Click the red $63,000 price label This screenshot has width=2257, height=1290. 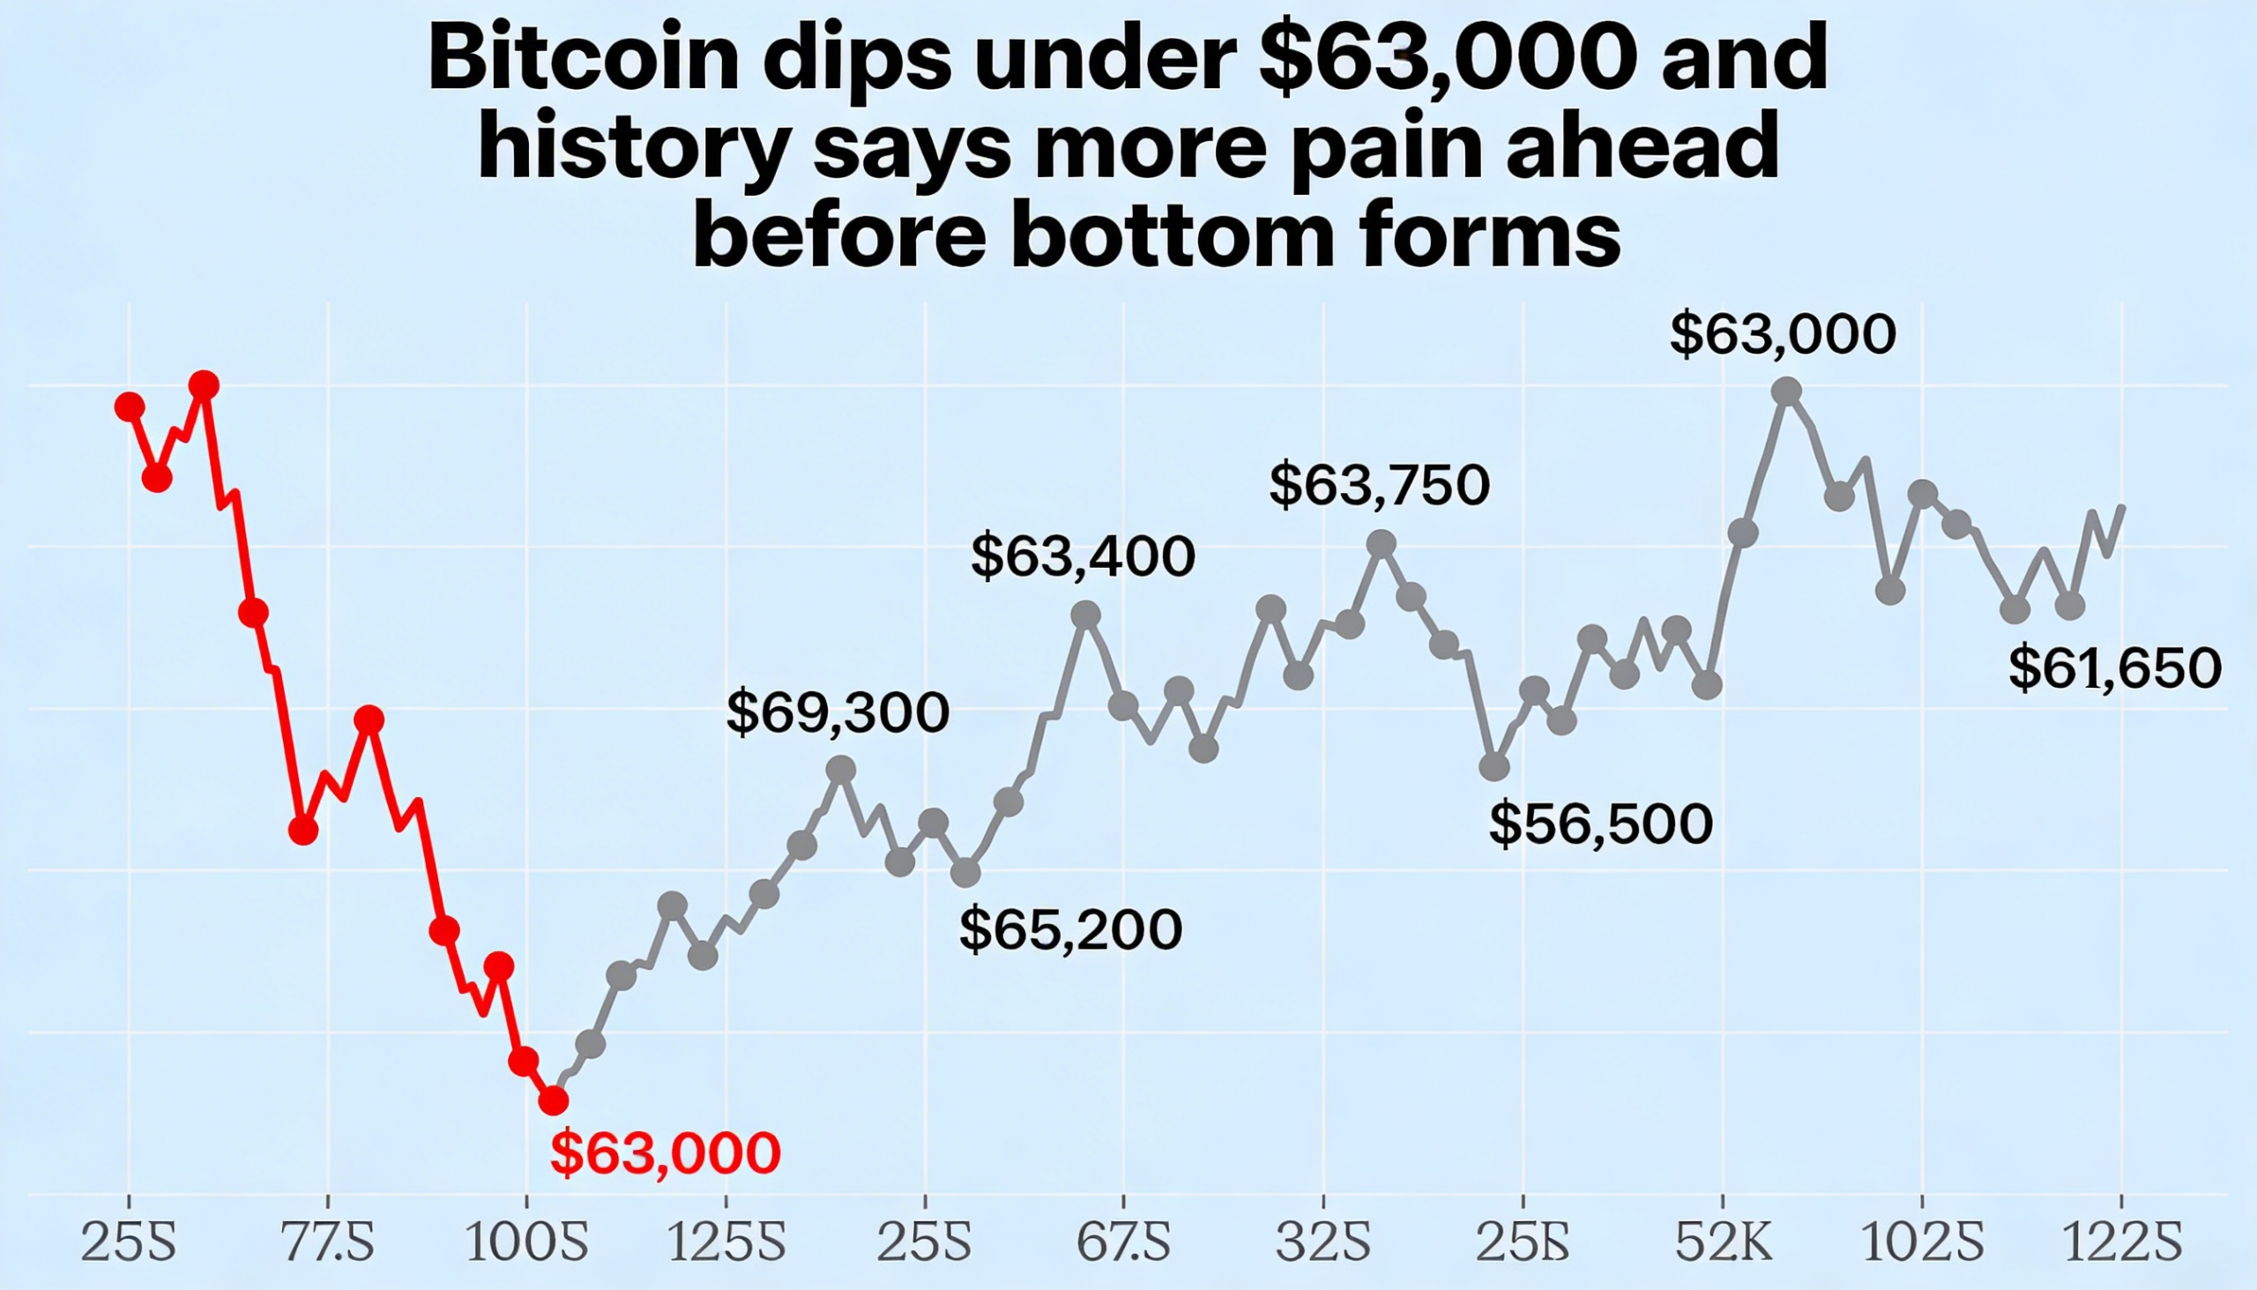(666, 1152)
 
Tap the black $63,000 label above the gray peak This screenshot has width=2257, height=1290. (1782, 335)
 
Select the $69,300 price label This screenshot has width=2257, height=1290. (837, 712)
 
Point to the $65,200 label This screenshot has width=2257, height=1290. (1070, 929)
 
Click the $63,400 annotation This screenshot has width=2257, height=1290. (1083, 556)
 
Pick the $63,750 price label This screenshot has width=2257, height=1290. (1379, 486)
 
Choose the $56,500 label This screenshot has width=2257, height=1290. (1601, 824)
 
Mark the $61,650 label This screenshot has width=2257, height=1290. (2114, 668)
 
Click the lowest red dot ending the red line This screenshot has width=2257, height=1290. (554, 1100)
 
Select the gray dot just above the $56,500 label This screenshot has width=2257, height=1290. (1494, 766)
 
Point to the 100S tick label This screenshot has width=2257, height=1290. (526, 1242)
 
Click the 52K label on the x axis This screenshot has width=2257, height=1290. (1723, 1242)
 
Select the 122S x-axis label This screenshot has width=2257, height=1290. (2122, 1242)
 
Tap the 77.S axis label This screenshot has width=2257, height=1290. (328, 1242)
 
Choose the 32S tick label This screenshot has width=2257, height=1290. (1323, 1242)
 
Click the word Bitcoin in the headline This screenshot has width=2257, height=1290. (583, 59)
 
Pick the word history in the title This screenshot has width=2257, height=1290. (633, 149)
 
